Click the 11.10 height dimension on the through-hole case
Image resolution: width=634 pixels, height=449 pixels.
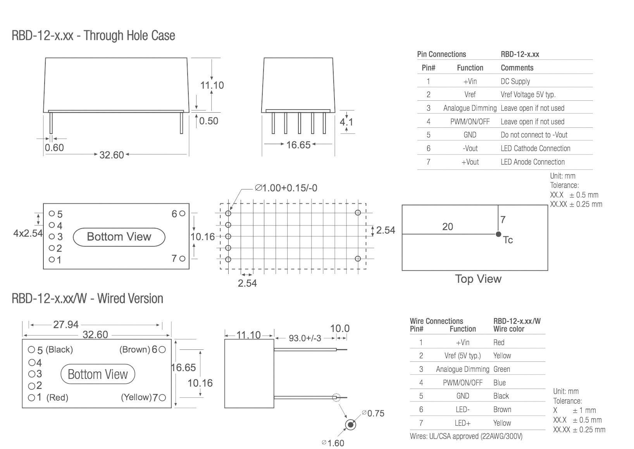coord(212,85)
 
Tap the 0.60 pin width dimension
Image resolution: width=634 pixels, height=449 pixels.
coord(54,148)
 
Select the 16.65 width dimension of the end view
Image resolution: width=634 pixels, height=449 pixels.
coord(298,145)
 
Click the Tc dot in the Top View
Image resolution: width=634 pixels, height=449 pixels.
coord(498,234)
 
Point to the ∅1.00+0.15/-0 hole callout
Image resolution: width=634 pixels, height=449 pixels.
coord(286,188)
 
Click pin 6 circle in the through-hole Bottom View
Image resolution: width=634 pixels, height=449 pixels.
coord(182,213)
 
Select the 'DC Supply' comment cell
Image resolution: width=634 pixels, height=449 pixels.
coord(515,81)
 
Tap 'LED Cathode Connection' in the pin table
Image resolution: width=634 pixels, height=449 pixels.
coord(535,148)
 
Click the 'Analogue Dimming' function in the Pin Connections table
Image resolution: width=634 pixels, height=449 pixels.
coord(470,108)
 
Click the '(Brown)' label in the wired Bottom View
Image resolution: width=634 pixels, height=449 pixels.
coord(134,349)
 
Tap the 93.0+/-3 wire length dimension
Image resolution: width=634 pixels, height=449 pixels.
coord(305,338)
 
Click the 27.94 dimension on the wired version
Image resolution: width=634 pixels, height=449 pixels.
coord(66,325)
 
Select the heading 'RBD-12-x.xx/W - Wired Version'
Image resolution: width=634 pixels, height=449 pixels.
coord(87,299)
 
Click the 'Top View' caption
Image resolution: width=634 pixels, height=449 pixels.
coord(478,279)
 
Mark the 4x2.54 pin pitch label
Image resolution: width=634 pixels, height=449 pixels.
coord(28,233)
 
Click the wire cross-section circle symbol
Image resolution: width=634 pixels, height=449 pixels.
coord(351,425)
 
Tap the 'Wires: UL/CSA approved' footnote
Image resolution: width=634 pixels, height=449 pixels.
coord(466,436)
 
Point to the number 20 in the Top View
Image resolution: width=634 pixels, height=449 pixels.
coord(447,227)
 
